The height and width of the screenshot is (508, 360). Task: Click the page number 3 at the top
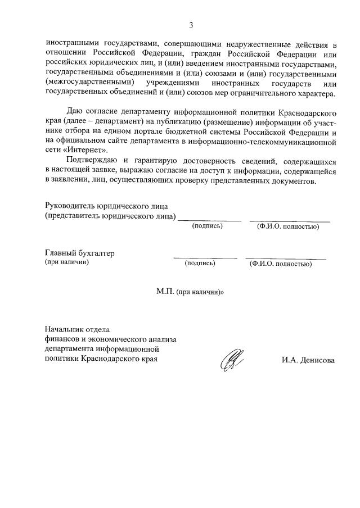191,25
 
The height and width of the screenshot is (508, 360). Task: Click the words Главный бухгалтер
80,253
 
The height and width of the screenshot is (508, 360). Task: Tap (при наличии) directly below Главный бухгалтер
67,262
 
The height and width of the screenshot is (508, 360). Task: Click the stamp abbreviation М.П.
165,293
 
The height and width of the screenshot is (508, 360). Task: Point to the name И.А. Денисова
308,360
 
